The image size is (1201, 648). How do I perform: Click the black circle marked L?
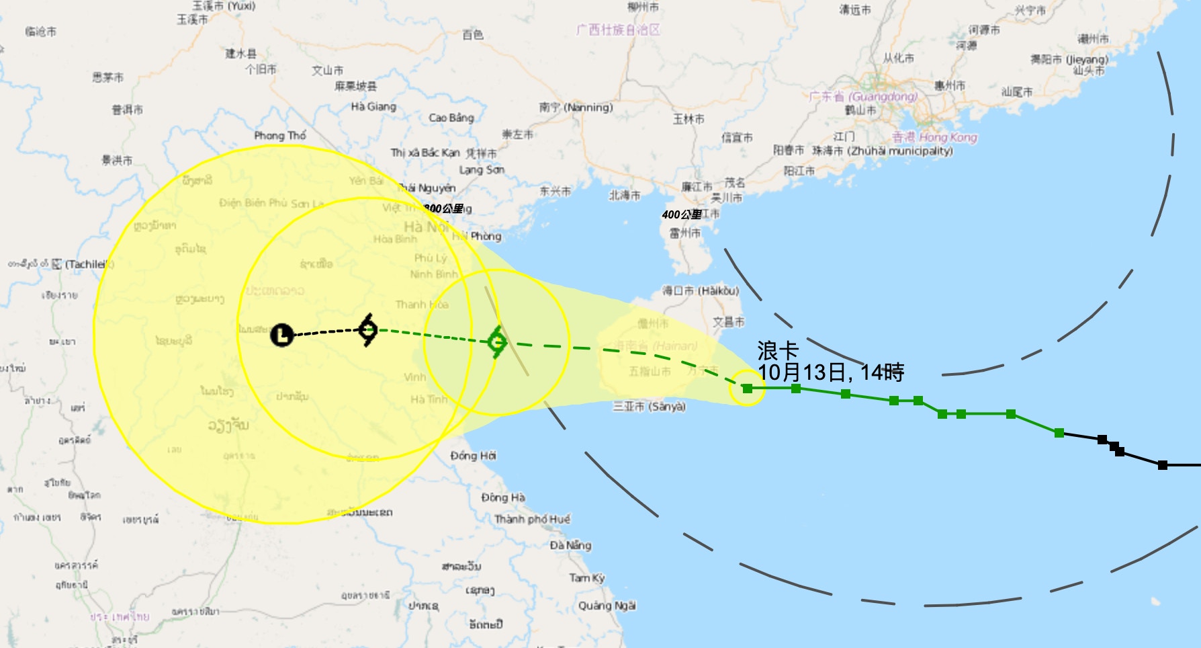282,334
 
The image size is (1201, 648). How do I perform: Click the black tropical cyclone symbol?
367,329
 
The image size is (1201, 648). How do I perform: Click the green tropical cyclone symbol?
496,342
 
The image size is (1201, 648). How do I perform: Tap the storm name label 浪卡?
778,350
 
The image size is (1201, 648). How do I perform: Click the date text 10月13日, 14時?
830,372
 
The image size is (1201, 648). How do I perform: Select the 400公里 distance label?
681,214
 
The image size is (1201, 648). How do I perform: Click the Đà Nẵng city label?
570,545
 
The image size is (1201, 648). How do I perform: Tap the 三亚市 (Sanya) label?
649,407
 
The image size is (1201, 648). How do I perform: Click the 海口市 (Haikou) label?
700,290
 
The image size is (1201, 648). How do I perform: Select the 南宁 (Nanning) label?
576,108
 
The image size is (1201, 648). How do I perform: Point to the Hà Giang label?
373,106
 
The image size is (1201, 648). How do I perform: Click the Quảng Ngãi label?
607,606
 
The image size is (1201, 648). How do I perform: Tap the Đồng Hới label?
473,456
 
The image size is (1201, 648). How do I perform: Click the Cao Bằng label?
451,118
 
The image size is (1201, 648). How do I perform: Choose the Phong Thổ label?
279,136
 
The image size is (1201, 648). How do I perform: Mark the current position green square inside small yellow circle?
747,388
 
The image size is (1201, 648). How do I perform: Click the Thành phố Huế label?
532,519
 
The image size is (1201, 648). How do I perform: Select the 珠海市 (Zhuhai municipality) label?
882,151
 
